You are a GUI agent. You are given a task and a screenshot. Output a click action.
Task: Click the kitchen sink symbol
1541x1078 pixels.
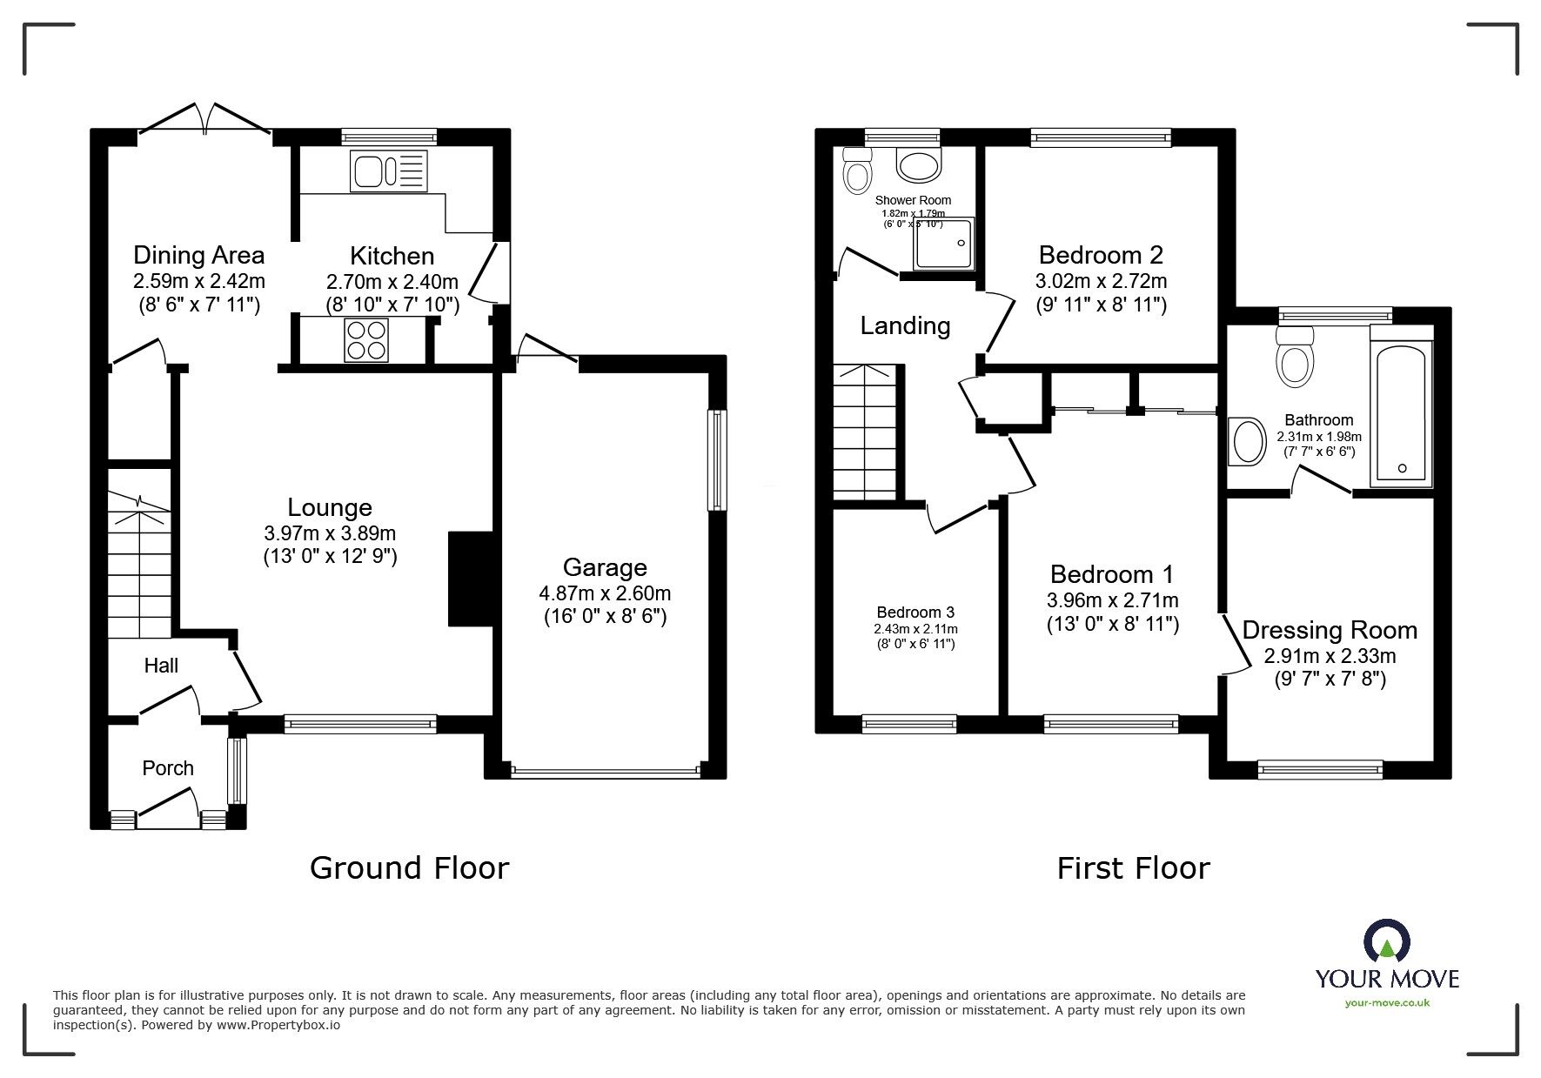coord(389,171)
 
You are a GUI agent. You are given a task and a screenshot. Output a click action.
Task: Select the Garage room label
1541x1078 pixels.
coord(605,568)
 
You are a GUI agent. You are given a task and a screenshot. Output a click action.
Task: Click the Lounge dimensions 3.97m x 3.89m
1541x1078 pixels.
coord(330,533)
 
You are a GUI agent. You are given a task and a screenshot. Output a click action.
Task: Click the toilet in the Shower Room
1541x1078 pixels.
coord(857,171)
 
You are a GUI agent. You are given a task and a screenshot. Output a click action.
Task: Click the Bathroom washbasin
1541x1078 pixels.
coord(1250,442)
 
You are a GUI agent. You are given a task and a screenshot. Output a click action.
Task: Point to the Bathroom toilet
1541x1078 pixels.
coord(1295,358)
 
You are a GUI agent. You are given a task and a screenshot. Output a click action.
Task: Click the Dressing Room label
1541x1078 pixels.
coord(1329,630)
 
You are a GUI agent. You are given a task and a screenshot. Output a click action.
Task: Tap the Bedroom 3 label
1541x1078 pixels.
coord(915,613)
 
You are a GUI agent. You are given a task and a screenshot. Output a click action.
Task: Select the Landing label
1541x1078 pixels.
coord(905,325)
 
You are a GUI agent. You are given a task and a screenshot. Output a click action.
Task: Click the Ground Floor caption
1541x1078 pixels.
coord(409,867)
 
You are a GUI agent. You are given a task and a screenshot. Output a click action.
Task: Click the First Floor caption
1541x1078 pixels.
coord(1133,867)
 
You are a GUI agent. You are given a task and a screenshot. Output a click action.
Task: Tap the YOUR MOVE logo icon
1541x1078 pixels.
coord(1386,943)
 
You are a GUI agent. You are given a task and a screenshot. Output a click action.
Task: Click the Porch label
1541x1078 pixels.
coord(168,768)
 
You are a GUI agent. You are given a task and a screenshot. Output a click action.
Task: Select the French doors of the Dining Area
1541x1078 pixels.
coord(205,120)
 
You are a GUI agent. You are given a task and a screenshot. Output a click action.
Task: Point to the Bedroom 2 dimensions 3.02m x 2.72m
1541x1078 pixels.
coord(1101,281)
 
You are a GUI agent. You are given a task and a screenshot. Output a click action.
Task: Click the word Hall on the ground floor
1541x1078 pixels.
coord(161,666)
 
